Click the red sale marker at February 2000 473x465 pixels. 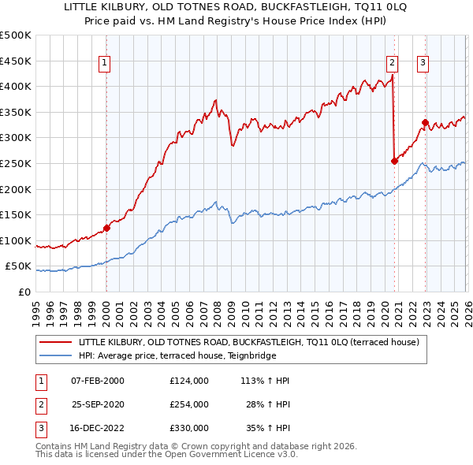(x=106, y=229)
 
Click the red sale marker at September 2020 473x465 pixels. (x=393, y=161)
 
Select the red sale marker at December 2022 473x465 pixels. (x=425, y=122)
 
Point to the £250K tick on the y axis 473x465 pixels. (x=16, y=163)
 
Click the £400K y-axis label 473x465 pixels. (x=16, y=86)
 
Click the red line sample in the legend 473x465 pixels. (x=57, y=342)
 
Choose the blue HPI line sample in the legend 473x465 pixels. (x=57, y=355)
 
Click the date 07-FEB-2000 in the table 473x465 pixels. (x=98, y=381)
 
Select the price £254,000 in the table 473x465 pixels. (x=189, y=404)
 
